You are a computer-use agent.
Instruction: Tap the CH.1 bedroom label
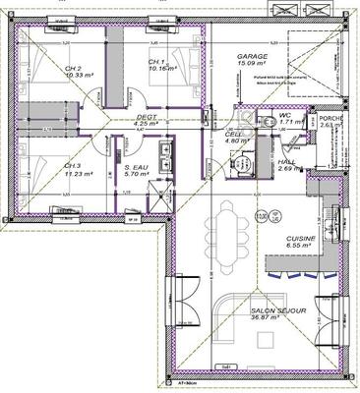156,62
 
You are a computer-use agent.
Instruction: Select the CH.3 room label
72,166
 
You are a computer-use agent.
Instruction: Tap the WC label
284,116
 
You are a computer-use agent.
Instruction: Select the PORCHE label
330,117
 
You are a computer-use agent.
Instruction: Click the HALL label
287,161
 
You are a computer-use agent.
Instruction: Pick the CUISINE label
300,239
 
